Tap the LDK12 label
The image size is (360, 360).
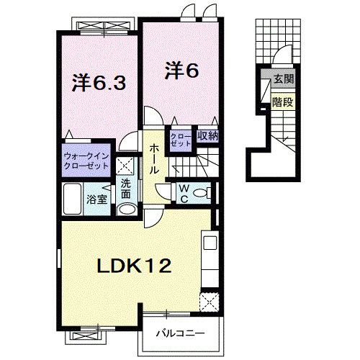[x=134, y=267]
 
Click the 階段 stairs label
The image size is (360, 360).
[x=282, y=102]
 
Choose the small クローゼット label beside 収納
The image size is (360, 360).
[x=181, y=138]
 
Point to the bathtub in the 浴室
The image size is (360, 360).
[x=74, y=197]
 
